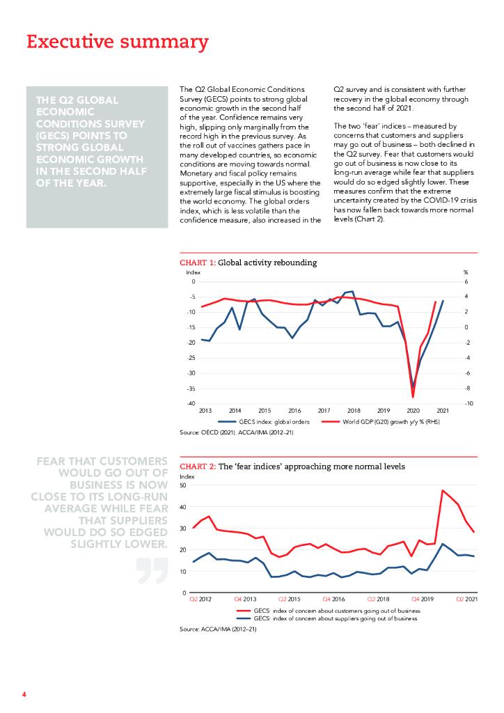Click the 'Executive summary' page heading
117,42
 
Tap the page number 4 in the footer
24,694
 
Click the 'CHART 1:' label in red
198,263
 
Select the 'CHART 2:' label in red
198,466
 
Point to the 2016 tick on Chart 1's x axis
294,411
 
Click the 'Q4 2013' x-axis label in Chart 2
244,599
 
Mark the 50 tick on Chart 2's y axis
184,485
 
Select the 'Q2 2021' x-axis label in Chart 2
466,599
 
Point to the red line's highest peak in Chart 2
443,490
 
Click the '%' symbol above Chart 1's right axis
466,272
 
